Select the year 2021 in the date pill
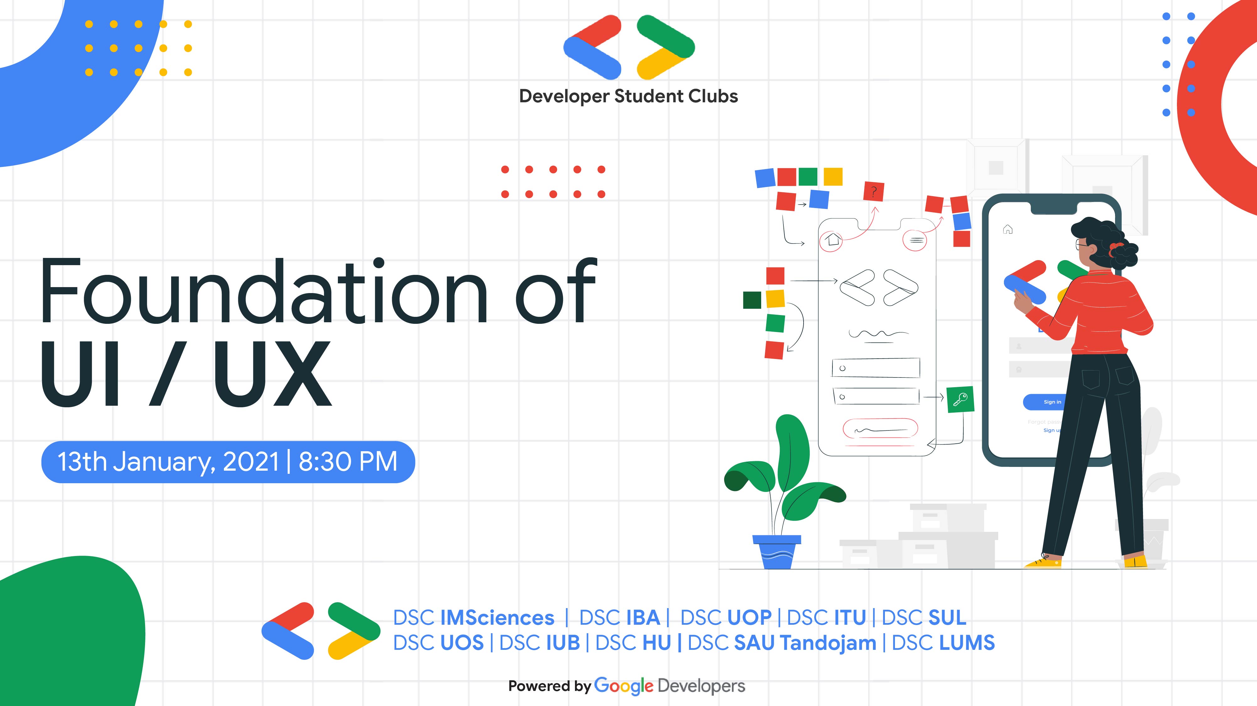coord(250,461)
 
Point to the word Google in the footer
coord(624,686)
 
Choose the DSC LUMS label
coord(943,643)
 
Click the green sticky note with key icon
coord(960,400)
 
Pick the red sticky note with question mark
coord(874,191)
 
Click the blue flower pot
coord(777,552)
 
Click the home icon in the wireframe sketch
coord(832,240)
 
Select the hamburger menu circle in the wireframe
coord(915,240)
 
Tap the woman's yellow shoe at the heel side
coord(1135,562)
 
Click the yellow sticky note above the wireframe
coord(833,176)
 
